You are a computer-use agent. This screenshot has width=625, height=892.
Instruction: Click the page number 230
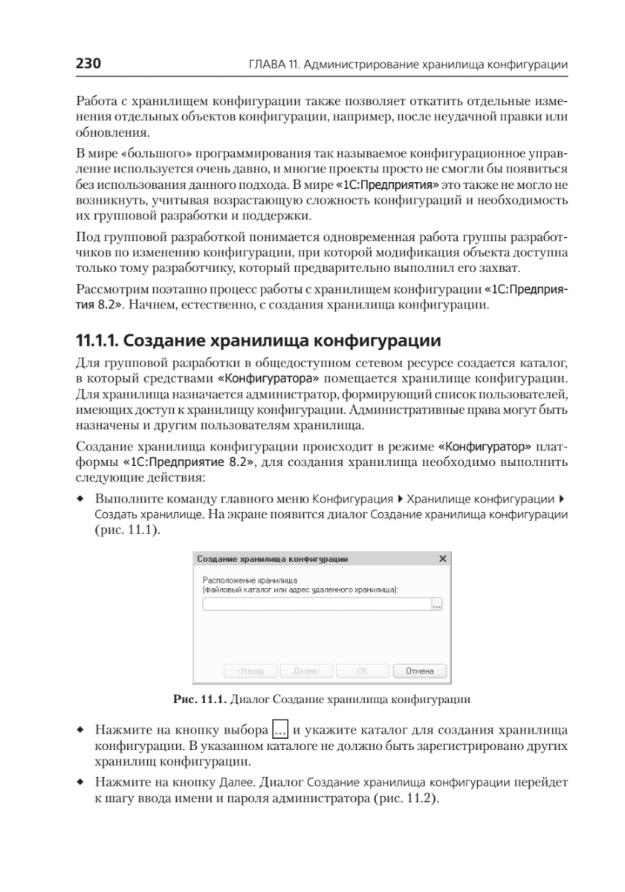88,64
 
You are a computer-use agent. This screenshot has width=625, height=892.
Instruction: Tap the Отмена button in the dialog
419,670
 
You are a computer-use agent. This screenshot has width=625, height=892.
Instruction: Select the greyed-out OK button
363,670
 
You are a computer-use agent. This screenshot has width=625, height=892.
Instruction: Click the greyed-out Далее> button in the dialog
306,670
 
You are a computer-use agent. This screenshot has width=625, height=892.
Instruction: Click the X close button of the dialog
443,557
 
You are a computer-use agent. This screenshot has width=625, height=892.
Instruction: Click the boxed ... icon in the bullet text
280,728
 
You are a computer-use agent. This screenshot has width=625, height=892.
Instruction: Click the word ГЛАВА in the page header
265,65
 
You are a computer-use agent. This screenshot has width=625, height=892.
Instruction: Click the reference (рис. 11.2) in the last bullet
407,800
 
